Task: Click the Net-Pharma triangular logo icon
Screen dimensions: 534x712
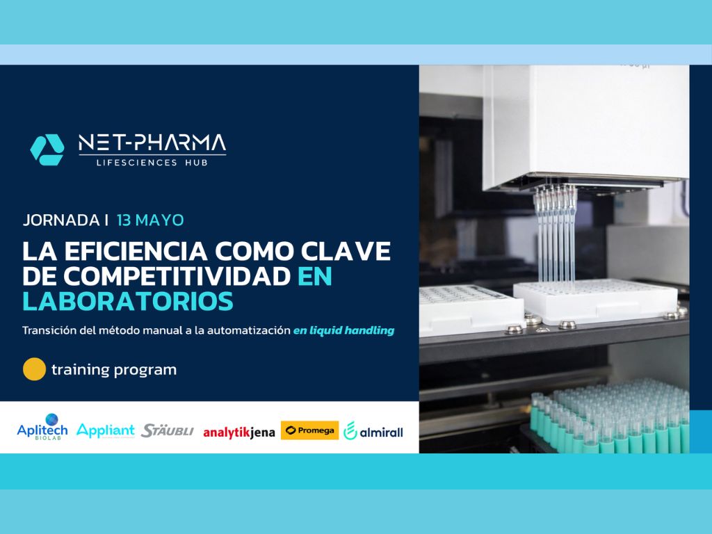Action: point(47,149)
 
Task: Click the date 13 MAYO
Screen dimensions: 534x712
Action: point(150,220)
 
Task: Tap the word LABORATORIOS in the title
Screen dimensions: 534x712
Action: point(128,302)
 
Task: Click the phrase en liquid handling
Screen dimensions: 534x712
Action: point(343,331)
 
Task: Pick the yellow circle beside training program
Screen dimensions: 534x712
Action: point(34,369)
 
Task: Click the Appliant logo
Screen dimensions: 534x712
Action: point(106,430)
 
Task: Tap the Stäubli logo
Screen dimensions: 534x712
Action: point(168,430)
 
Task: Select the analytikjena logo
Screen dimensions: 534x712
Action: point(239,432)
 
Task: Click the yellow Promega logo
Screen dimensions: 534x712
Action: point(309,430)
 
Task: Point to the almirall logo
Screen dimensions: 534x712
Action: point(373,431)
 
